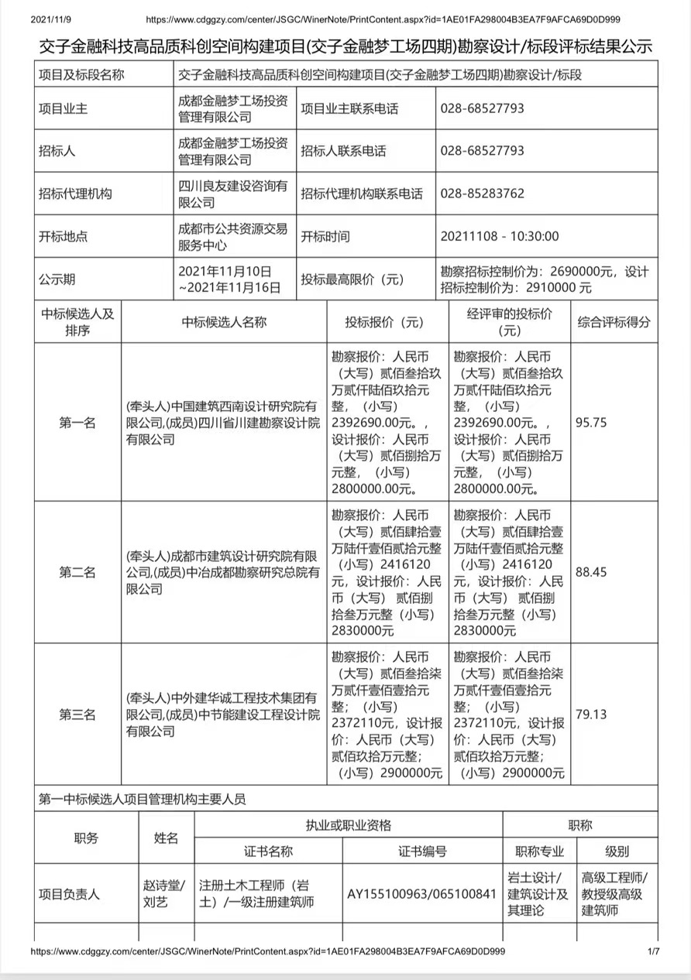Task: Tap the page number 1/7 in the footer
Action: [653, 951]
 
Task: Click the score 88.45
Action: [591, 572]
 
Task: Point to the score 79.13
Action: [591, 714]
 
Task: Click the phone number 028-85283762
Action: [482, 194]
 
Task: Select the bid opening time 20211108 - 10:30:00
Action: [499, 237]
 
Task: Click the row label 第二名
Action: [77, 572]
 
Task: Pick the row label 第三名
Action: [77, 714]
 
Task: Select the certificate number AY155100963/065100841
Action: [421, 894]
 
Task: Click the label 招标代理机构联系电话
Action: [362, 194]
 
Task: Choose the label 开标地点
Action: [63, 237]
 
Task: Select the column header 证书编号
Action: [422, 852]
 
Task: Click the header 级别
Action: [617, 852]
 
